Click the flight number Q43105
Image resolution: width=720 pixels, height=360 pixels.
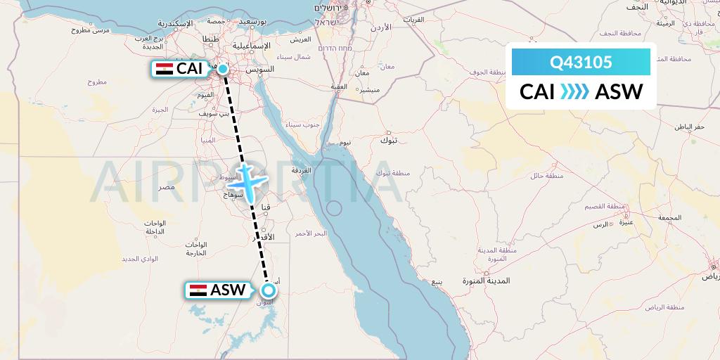coord(581,63)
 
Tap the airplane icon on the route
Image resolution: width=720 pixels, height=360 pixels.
coord(247,182)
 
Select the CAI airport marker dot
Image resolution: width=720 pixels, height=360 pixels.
coord(223,68)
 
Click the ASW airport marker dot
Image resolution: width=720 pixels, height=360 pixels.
coord(268,290)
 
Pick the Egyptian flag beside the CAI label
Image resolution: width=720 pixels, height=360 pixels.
coord(164,69)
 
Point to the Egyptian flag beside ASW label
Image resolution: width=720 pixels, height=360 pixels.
coord(198,290)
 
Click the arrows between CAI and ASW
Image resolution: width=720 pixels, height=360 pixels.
coord(575,92)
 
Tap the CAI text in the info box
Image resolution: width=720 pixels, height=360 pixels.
coord(537,92)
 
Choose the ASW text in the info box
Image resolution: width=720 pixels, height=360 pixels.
coord(618,92)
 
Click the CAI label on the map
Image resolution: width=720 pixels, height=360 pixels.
coord(191,69)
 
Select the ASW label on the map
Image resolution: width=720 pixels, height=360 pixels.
coord(228,290)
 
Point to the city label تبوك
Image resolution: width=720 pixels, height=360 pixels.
coord(388,140)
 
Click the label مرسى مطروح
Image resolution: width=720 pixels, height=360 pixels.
coord(91,30)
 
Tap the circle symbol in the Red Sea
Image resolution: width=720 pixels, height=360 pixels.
coord(334,209)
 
